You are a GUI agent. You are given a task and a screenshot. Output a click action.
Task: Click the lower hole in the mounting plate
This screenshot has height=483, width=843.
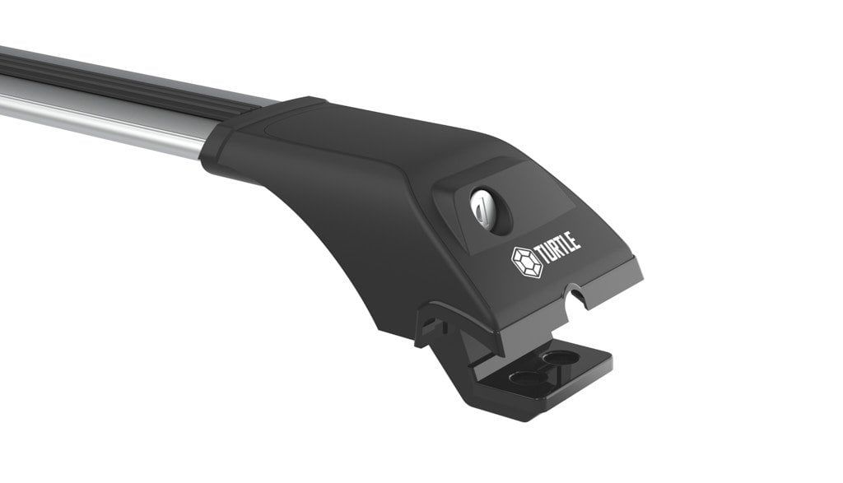(x=526, y=377)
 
